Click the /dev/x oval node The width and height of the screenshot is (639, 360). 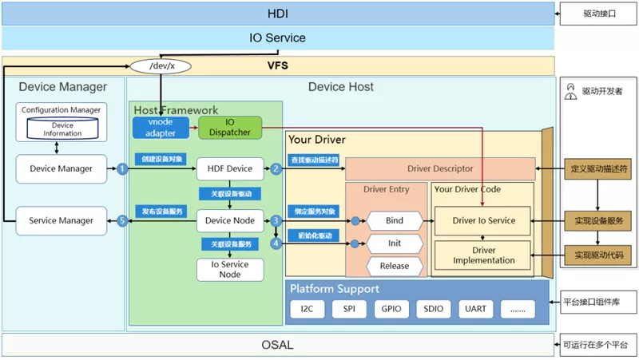tap(161, 66)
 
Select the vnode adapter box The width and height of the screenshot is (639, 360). tap(161, 128)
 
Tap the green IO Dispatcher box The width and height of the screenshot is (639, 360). tap(230, 128)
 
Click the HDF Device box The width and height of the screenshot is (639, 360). tap(230, 168)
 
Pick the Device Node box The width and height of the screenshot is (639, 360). tap(230, 221)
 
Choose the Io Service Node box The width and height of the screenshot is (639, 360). tap(230, 270)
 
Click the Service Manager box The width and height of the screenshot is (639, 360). tap(62, 221)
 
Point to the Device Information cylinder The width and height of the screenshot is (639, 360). tap(62, 129)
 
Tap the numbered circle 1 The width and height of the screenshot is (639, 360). tap(122, 168)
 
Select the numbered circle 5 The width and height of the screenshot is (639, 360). tap(122, 221)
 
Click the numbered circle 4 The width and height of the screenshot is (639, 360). tap(276, 243)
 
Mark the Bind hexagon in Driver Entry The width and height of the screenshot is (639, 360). tap(395, 221)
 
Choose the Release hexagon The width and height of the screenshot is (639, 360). tap(395, 266)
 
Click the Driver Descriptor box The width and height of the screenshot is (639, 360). tap(440, 168)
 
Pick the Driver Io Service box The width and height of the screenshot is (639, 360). tap(483, 221)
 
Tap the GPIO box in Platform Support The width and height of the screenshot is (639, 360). tap(391, 309)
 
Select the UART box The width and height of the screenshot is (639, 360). tap(475, 309)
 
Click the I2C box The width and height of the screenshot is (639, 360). tap(308, 309)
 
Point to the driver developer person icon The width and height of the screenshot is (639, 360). tap(570, 92)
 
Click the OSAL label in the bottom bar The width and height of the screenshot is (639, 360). tap(277, 345)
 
